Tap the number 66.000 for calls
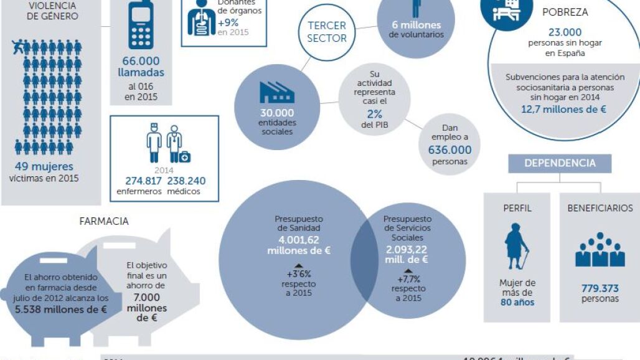click(141, 61)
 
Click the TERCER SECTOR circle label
click(327, 31)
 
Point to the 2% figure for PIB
click(374, 114)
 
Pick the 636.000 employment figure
click(449, 150)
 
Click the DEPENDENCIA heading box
click(560, 163)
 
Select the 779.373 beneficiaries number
click(600, 288)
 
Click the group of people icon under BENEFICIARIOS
click(600, 250)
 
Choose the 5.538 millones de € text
click(61, 309)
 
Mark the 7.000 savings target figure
click(146, 297)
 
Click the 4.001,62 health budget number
click(299, 240)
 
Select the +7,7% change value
click(408, 279)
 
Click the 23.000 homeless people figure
click(565, 32)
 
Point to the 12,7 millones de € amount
click(564, 109)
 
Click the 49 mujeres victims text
click(44, 167)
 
